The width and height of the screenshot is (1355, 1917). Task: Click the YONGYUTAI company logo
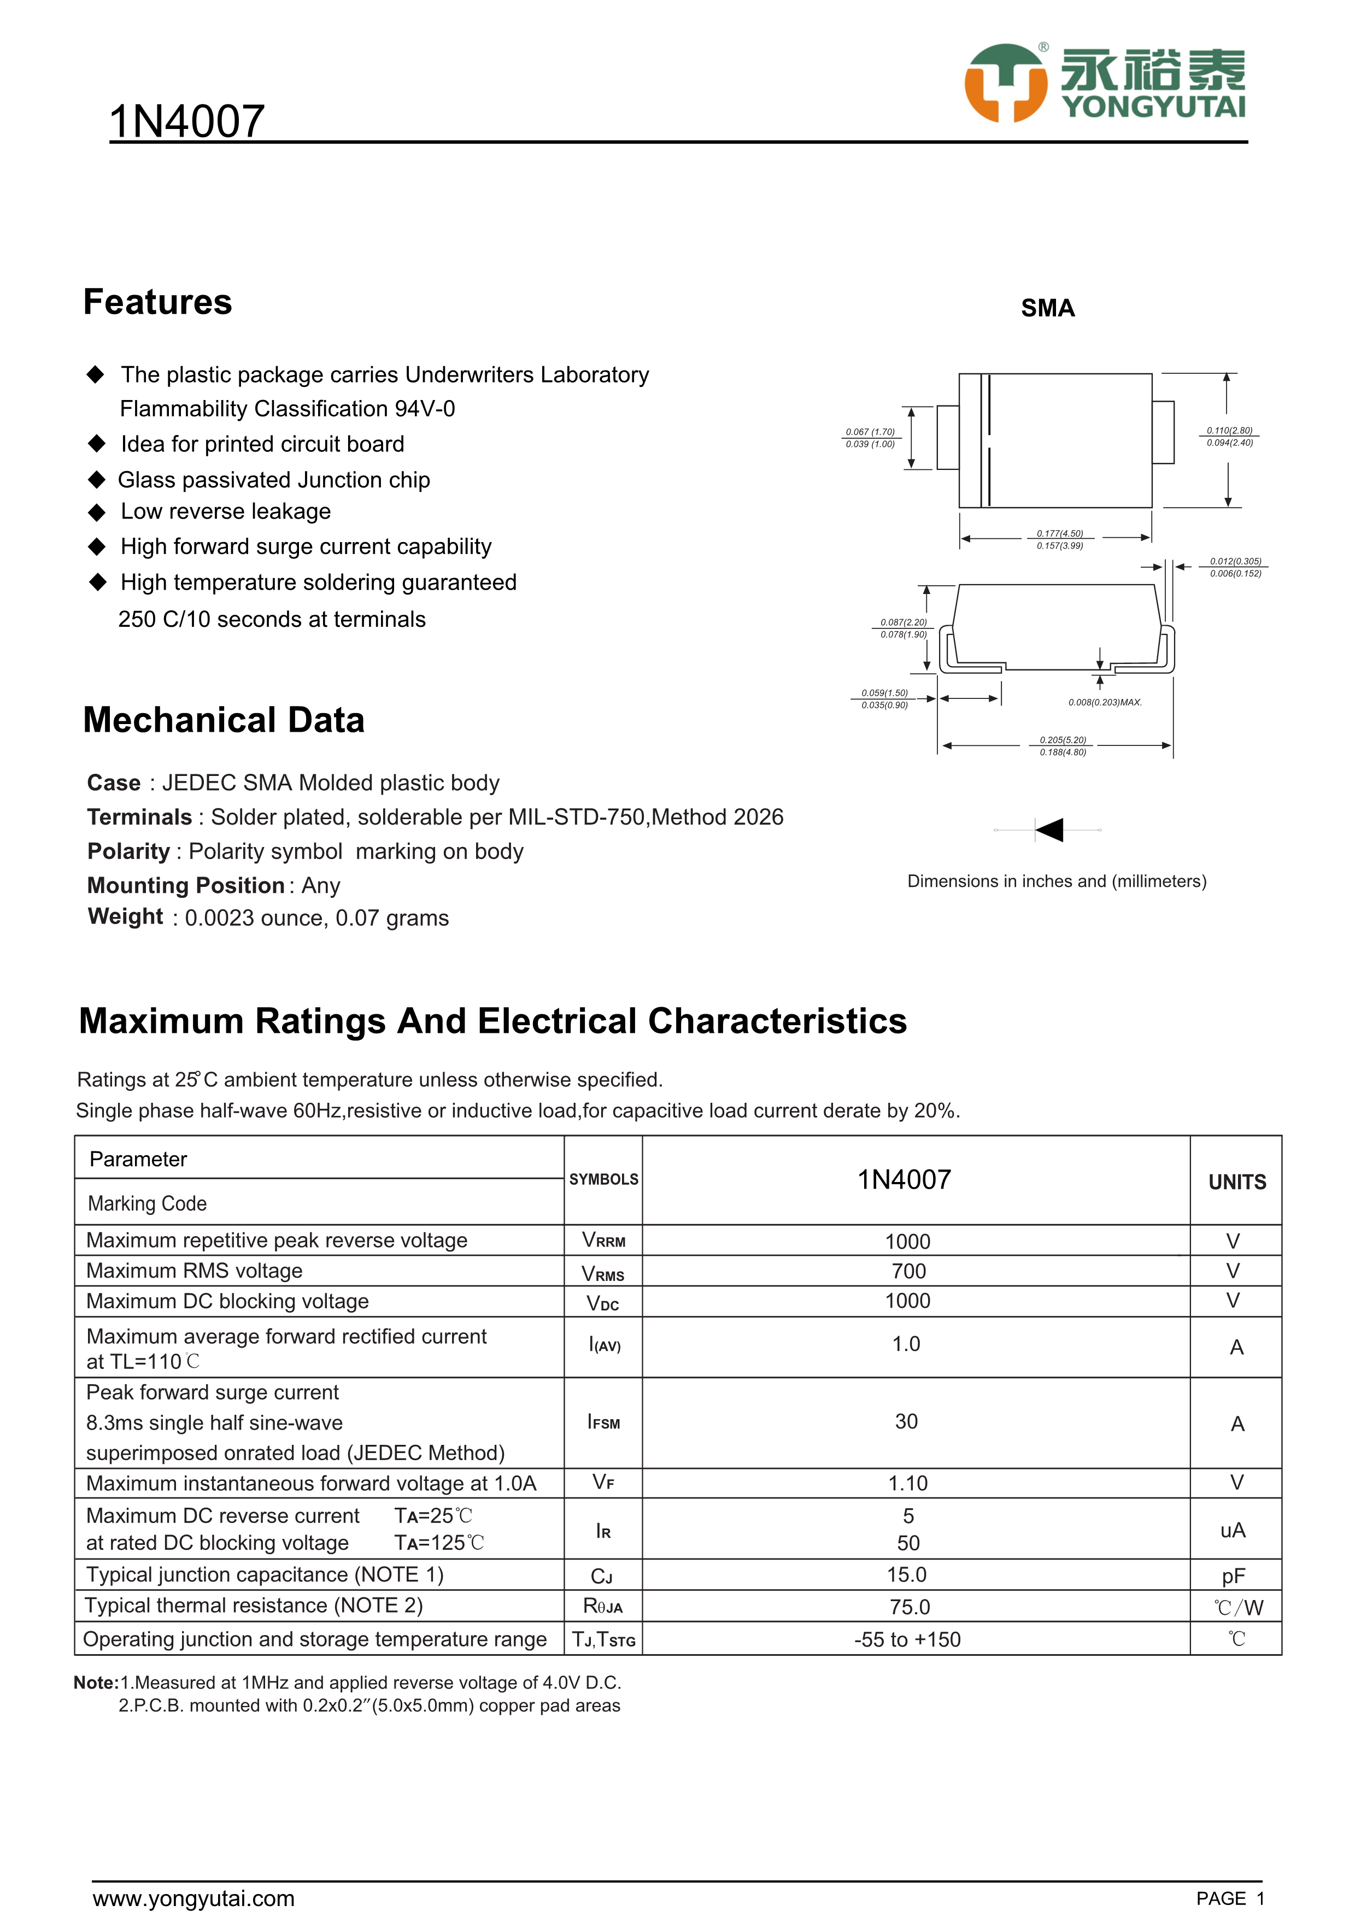pos(1104,83)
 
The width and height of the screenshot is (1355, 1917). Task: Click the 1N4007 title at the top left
pos(187,121)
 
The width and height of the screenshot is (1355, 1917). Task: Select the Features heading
pos(158,302)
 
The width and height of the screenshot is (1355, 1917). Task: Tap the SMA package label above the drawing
pos(1048,308)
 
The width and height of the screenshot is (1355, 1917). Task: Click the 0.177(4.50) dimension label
pos(1059,533)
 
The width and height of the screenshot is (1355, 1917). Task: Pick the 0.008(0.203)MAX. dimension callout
pos(1105,702)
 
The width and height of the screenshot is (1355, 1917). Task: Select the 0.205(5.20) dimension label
pos(1063,740)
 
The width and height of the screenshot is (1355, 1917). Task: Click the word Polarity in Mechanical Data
pos(128,851)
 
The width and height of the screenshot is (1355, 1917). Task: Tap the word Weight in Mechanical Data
pos(125,917)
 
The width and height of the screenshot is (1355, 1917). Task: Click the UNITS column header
pos(1236,1181)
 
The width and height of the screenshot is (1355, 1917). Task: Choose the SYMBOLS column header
pos(603,1179)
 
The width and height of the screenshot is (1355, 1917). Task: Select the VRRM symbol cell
pos(603,1240)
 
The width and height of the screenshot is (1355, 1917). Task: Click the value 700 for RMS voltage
pos(908,1271)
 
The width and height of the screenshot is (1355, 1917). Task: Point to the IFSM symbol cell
pos(603,1422)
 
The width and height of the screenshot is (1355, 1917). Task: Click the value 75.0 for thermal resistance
pos(909,1607)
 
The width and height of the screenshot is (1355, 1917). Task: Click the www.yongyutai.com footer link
pos(193,1898)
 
